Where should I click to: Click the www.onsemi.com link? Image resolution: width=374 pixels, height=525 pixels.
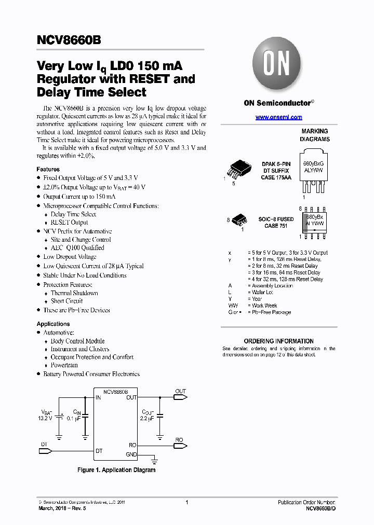click(x=278, y=117)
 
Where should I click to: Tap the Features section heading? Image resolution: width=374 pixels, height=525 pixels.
click(x=48, y=169)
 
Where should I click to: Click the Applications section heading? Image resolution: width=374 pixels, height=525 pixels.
click(x=53, y=324)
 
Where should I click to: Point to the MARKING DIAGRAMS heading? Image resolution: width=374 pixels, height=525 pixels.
click(x=315, y=135)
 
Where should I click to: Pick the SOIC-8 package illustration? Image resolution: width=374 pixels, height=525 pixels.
click(x=239, y=219)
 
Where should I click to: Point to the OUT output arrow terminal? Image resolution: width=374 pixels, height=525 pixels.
click(x=180, y=397)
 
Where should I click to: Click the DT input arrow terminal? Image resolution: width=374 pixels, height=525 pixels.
click(x=46, y=451)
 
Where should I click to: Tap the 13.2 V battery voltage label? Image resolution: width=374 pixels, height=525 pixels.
click(x=45, y=418)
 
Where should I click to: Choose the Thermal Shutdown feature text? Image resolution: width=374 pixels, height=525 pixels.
click(x=74, y=293)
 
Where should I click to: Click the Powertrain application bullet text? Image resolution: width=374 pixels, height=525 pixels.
click(x=64, y=365)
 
